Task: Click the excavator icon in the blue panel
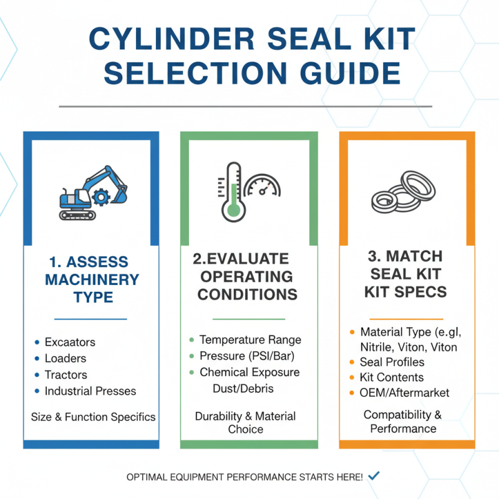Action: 92,192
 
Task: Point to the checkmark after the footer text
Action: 374,476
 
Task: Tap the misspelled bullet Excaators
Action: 70,342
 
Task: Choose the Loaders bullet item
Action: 65,359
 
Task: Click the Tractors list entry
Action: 65,375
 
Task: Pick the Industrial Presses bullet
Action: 90,392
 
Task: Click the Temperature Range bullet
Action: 250,340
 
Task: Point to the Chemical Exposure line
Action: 249,372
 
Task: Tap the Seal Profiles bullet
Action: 392,362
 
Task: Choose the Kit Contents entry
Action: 392,377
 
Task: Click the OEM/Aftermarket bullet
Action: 404,393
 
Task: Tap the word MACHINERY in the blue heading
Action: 92,279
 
